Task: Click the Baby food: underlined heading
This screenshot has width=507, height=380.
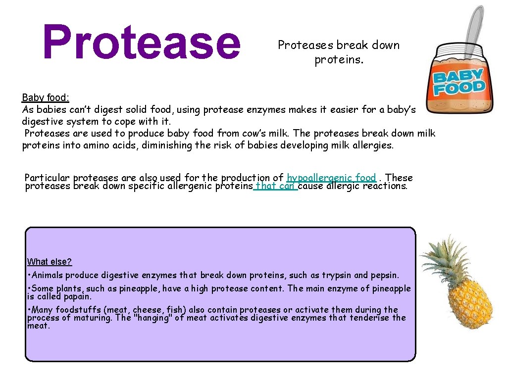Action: coord(46,98)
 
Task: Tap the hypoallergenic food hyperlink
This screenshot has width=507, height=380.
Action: coord(331,178)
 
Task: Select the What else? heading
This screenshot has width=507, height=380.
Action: coord(50,262)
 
